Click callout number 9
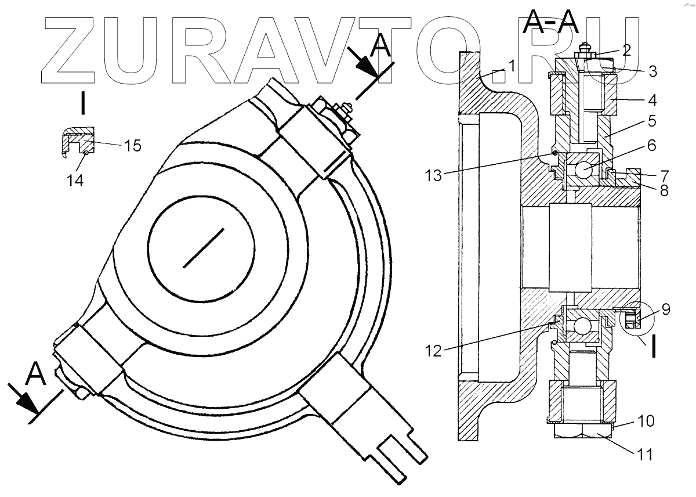(x=665, y=309)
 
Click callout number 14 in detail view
(x=75, y=180)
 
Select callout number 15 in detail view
(x=133, y=145)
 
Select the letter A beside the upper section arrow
(x=380, y=44)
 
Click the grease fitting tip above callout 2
(x=587, y=44)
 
